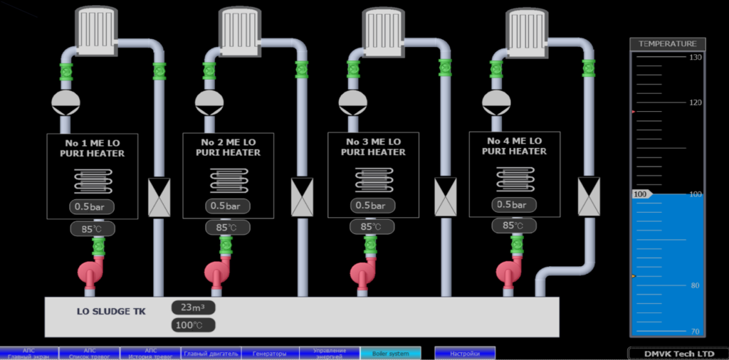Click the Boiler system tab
pyautogui.click(x=390, y=354)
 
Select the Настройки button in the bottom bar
pyautogui.click(x=464, y=354)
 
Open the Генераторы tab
pyautogui.click(x=270, y=354)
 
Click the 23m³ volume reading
pyautogui.click(x=193, y=307)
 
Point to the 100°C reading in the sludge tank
pyautogui.click(x=193, y=325)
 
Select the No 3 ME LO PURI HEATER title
pyautogui.click(x=373, y=147)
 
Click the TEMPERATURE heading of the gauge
pyautogui.click(x=667, y=44)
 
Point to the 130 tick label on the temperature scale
pyautogui.click(x=695, y=58)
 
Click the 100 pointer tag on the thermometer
pyautogui.click(x=641, y=194)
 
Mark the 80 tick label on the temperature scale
pyautogui.click(x=695, y=286)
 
